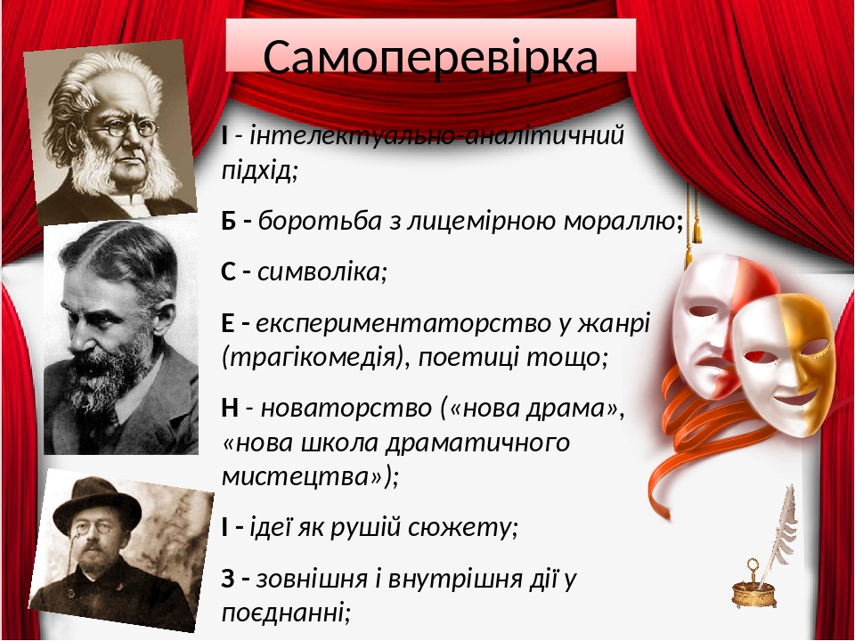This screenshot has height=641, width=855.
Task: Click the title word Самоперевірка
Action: point(430,57)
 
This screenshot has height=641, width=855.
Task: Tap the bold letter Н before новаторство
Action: point(229,409)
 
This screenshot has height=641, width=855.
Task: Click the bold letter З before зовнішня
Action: point(229,580)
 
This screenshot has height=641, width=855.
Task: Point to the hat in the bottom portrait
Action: point(95,501)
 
